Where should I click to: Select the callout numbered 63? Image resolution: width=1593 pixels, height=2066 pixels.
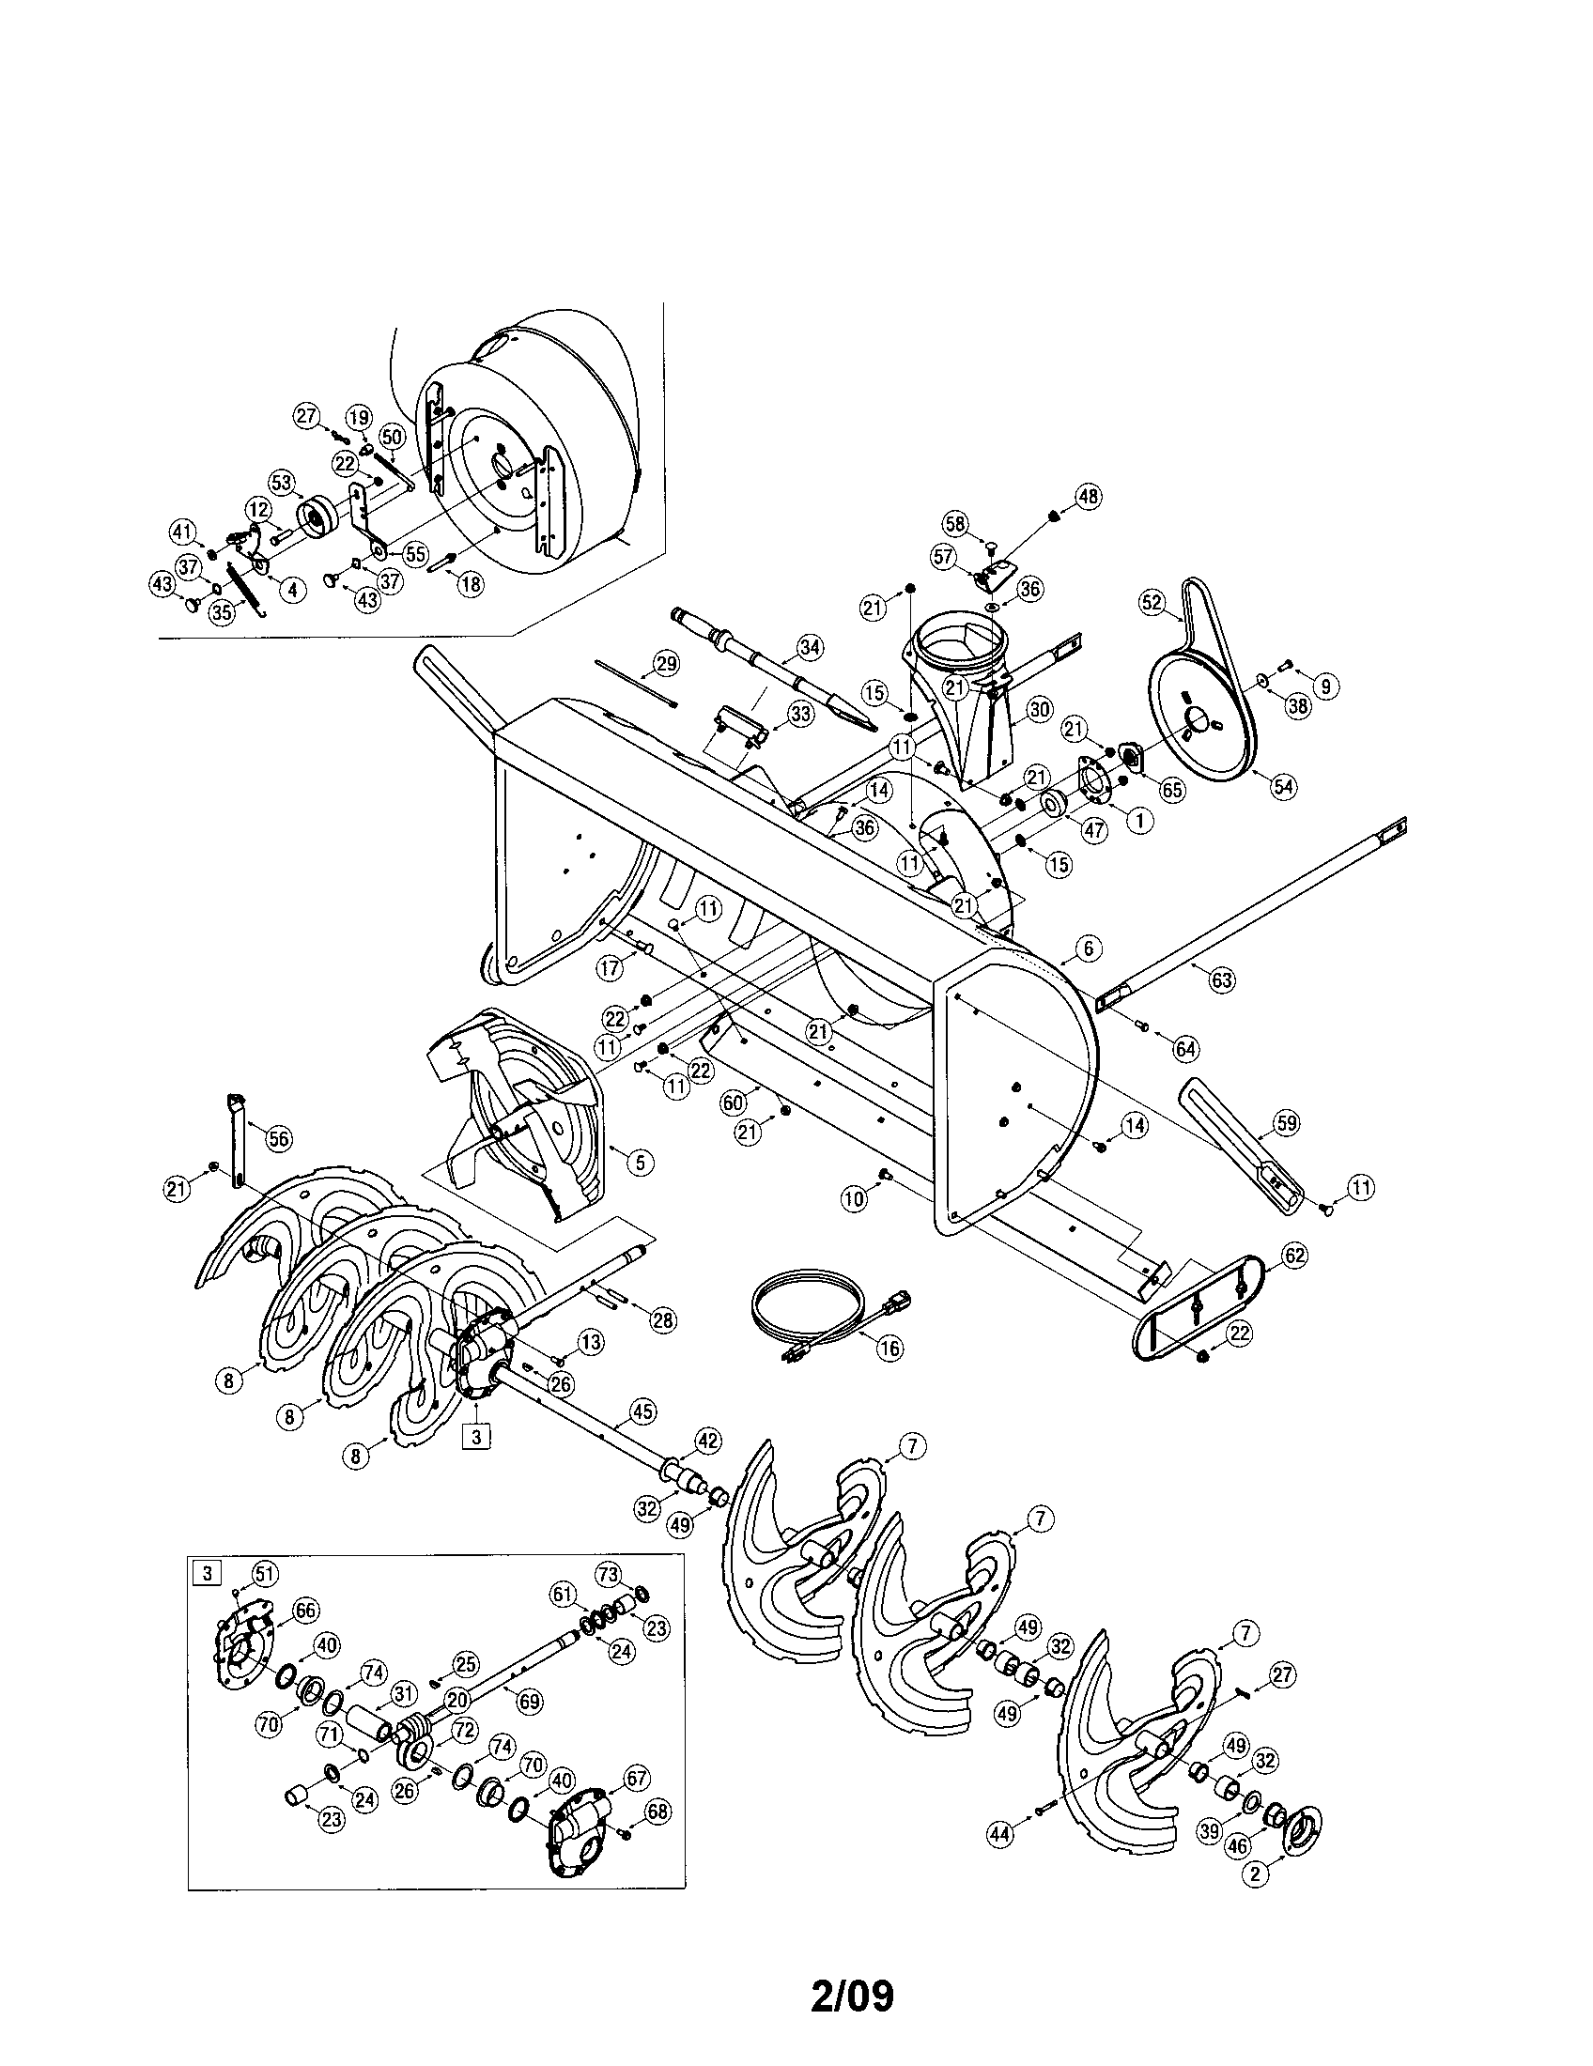1222,979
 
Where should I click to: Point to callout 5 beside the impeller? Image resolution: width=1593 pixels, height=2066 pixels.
641,1162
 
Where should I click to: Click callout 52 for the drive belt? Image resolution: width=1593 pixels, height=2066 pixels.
1152,603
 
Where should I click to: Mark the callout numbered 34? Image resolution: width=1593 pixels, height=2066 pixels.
810,647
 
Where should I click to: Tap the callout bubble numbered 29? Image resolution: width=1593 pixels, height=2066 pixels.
666,664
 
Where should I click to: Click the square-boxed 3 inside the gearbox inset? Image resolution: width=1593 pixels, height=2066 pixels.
206,1574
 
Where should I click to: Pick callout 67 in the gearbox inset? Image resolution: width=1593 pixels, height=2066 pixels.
637,1778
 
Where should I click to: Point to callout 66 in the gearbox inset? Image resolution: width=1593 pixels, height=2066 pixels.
305,1611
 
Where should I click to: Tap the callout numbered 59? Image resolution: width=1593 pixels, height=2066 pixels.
1285,1123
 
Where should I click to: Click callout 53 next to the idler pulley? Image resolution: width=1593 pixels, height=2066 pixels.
281,483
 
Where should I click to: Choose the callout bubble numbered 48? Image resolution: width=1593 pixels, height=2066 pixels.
1089,497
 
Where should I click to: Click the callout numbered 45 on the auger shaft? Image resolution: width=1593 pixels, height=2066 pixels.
643,1438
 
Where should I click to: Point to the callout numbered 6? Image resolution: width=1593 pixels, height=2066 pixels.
1088,948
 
